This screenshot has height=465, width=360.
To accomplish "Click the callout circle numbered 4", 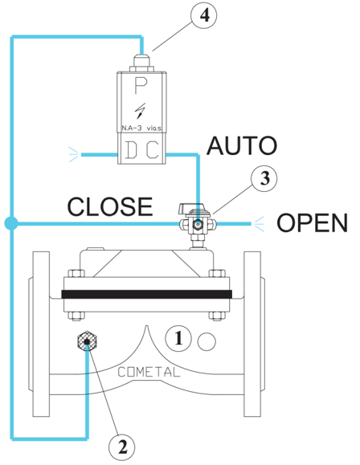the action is (203, 15).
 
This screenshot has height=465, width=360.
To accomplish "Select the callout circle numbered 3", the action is (264, 178).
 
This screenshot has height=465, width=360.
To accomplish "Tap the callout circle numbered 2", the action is (121, 447).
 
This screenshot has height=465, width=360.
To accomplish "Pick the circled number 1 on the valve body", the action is (178, 338).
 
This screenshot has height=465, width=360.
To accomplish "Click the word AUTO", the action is (242, 146).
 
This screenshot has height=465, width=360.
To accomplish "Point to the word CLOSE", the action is (110, 206).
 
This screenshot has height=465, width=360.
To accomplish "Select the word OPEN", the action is (312, 222).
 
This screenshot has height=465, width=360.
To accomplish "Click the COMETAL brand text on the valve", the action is (149, 372).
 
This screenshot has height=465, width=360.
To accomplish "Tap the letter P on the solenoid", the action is (141, 85).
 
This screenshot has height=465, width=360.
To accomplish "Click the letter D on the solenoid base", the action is (131, 150).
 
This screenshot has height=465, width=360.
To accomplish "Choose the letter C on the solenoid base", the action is (153, 150).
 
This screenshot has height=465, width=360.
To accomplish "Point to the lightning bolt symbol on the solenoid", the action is (141, 111).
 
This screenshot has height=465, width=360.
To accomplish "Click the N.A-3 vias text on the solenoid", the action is (141, 128).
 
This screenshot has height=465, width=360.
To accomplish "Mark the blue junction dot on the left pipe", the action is (11, 223).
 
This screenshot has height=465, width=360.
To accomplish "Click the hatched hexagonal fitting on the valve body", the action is (87, 341).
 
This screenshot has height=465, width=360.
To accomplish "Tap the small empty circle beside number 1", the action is (207, 341).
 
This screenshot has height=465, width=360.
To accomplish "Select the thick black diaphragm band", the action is (146, 294).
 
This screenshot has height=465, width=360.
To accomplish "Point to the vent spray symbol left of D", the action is (74, 154).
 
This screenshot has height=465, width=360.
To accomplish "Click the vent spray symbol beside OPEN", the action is (259, 224).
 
